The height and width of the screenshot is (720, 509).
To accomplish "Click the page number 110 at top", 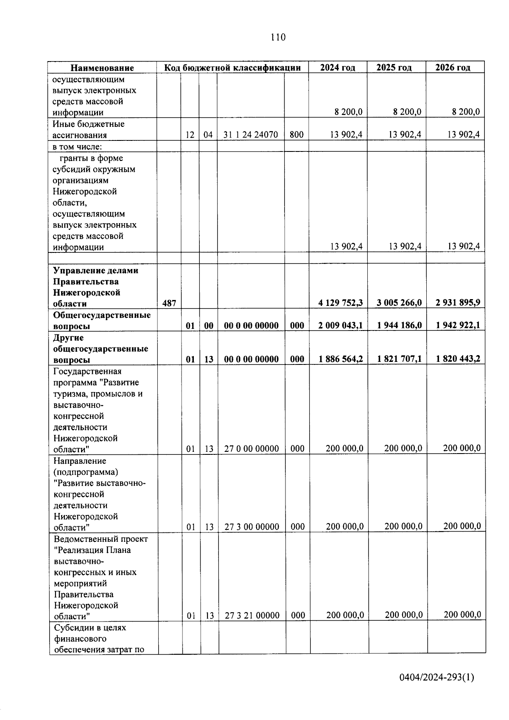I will tap(278, 37).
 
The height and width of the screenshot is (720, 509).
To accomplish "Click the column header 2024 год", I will tap(337, 67).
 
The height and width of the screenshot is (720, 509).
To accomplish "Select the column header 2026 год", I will tap(453, 67).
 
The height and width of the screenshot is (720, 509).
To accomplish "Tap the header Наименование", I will tap(102, 68).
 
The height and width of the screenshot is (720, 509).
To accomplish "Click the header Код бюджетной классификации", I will tap(232, 67).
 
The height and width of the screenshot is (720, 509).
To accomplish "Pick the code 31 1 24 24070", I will tap(251, 135).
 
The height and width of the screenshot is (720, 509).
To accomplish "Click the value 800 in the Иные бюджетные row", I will tap(296, 135).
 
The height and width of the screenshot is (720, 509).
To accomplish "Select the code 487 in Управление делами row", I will tap(169, 303).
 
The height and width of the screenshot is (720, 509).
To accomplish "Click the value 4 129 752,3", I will tap(341, 303).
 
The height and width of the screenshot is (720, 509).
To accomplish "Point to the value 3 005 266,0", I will tap(399, 303).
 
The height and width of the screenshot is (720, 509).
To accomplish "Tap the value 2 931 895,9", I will tap(458, 303).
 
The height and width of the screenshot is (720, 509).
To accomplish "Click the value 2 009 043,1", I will tap(341, 325).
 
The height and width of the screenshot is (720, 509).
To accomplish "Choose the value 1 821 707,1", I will tap(400, 359).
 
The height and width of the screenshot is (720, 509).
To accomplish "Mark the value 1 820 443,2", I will tap(458, 359).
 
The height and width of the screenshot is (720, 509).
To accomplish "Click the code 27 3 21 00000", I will tap(252, 615).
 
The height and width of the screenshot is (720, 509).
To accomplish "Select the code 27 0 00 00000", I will tap(252, 448).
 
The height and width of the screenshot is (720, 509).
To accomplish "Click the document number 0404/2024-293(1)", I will tap(437, 678).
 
